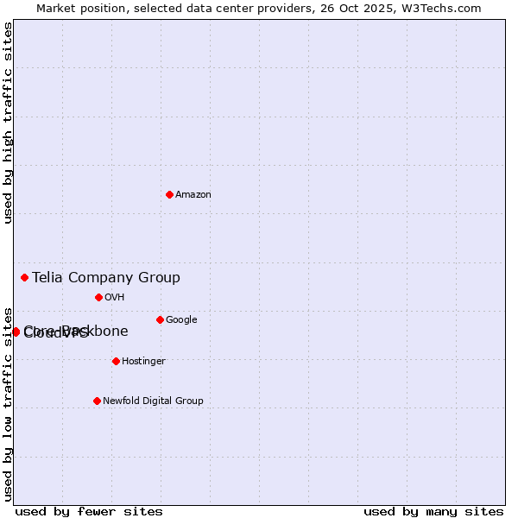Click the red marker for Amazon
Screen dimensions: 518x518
(x=169, y=194)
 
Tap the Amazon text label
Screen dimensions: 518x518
(x=193, y=194)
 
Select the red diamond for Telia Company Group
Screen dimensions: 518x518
(x=25, y=277)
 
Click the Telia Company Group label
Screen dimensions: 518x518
(x=106, y=277)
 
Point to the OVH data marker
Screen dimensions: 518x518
(x=98, y=297)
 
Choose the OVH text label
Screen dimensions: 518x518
(x=115, y=297)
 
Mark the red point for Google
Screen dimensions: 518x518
(x=160, y=319)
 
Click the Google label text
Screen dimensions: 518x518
(x=181, y=319)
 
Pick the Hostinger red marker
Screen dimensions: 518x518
(x=116, y=361)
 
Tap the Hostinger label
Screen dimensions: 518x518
(x=143, y=361)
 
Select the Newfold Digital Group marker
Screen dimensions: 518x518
(x=97, y=401)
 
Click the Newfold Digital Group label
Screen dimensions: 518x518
(x=153, y=401)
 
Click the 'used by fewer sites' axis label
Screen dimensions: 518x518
(x=89, y=511)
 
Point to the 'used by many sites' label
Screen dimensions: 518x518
(x=433, y=511)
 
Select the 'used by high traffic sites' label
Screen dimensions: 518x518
(x=8, y=123)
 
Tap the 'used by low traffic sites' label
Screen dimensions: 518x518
(x=8, y=403)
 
